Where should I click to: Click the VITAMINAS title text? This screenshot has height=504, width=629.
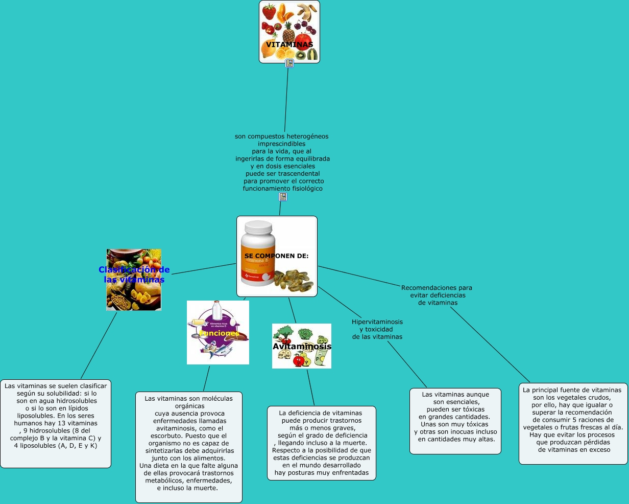(289, 44)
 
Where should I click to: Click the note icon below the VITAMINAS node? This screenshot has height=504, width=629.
(289, 63)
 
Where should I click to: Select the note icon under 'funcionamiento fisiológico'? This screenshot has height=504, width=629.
(282, 197)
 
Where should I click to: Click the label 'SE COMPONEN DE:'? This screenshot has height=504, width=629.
(277, 256)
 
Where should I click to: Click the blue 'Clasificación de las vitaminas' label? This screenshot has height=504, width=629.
(134, 274)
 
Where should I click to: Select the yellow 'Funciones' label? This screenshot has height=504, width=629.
(219, 333)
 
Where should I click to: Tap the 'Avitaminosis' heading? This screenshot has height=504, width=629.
(302, 346)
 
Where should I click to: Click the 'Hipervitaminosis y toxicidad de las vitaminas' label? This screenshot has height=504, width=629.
(377, 329)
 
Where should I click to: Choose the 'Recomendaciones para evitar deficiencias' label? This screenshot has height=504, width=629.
(437, 295)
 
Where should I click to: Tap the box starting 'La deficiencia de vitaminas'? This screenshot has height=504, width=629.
(322, 443)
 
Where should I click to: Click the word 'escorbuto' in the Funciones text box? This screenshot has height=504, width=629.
(160, 436)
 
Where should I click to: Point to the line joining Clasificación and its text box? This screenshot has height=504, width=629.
(99, 345)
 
